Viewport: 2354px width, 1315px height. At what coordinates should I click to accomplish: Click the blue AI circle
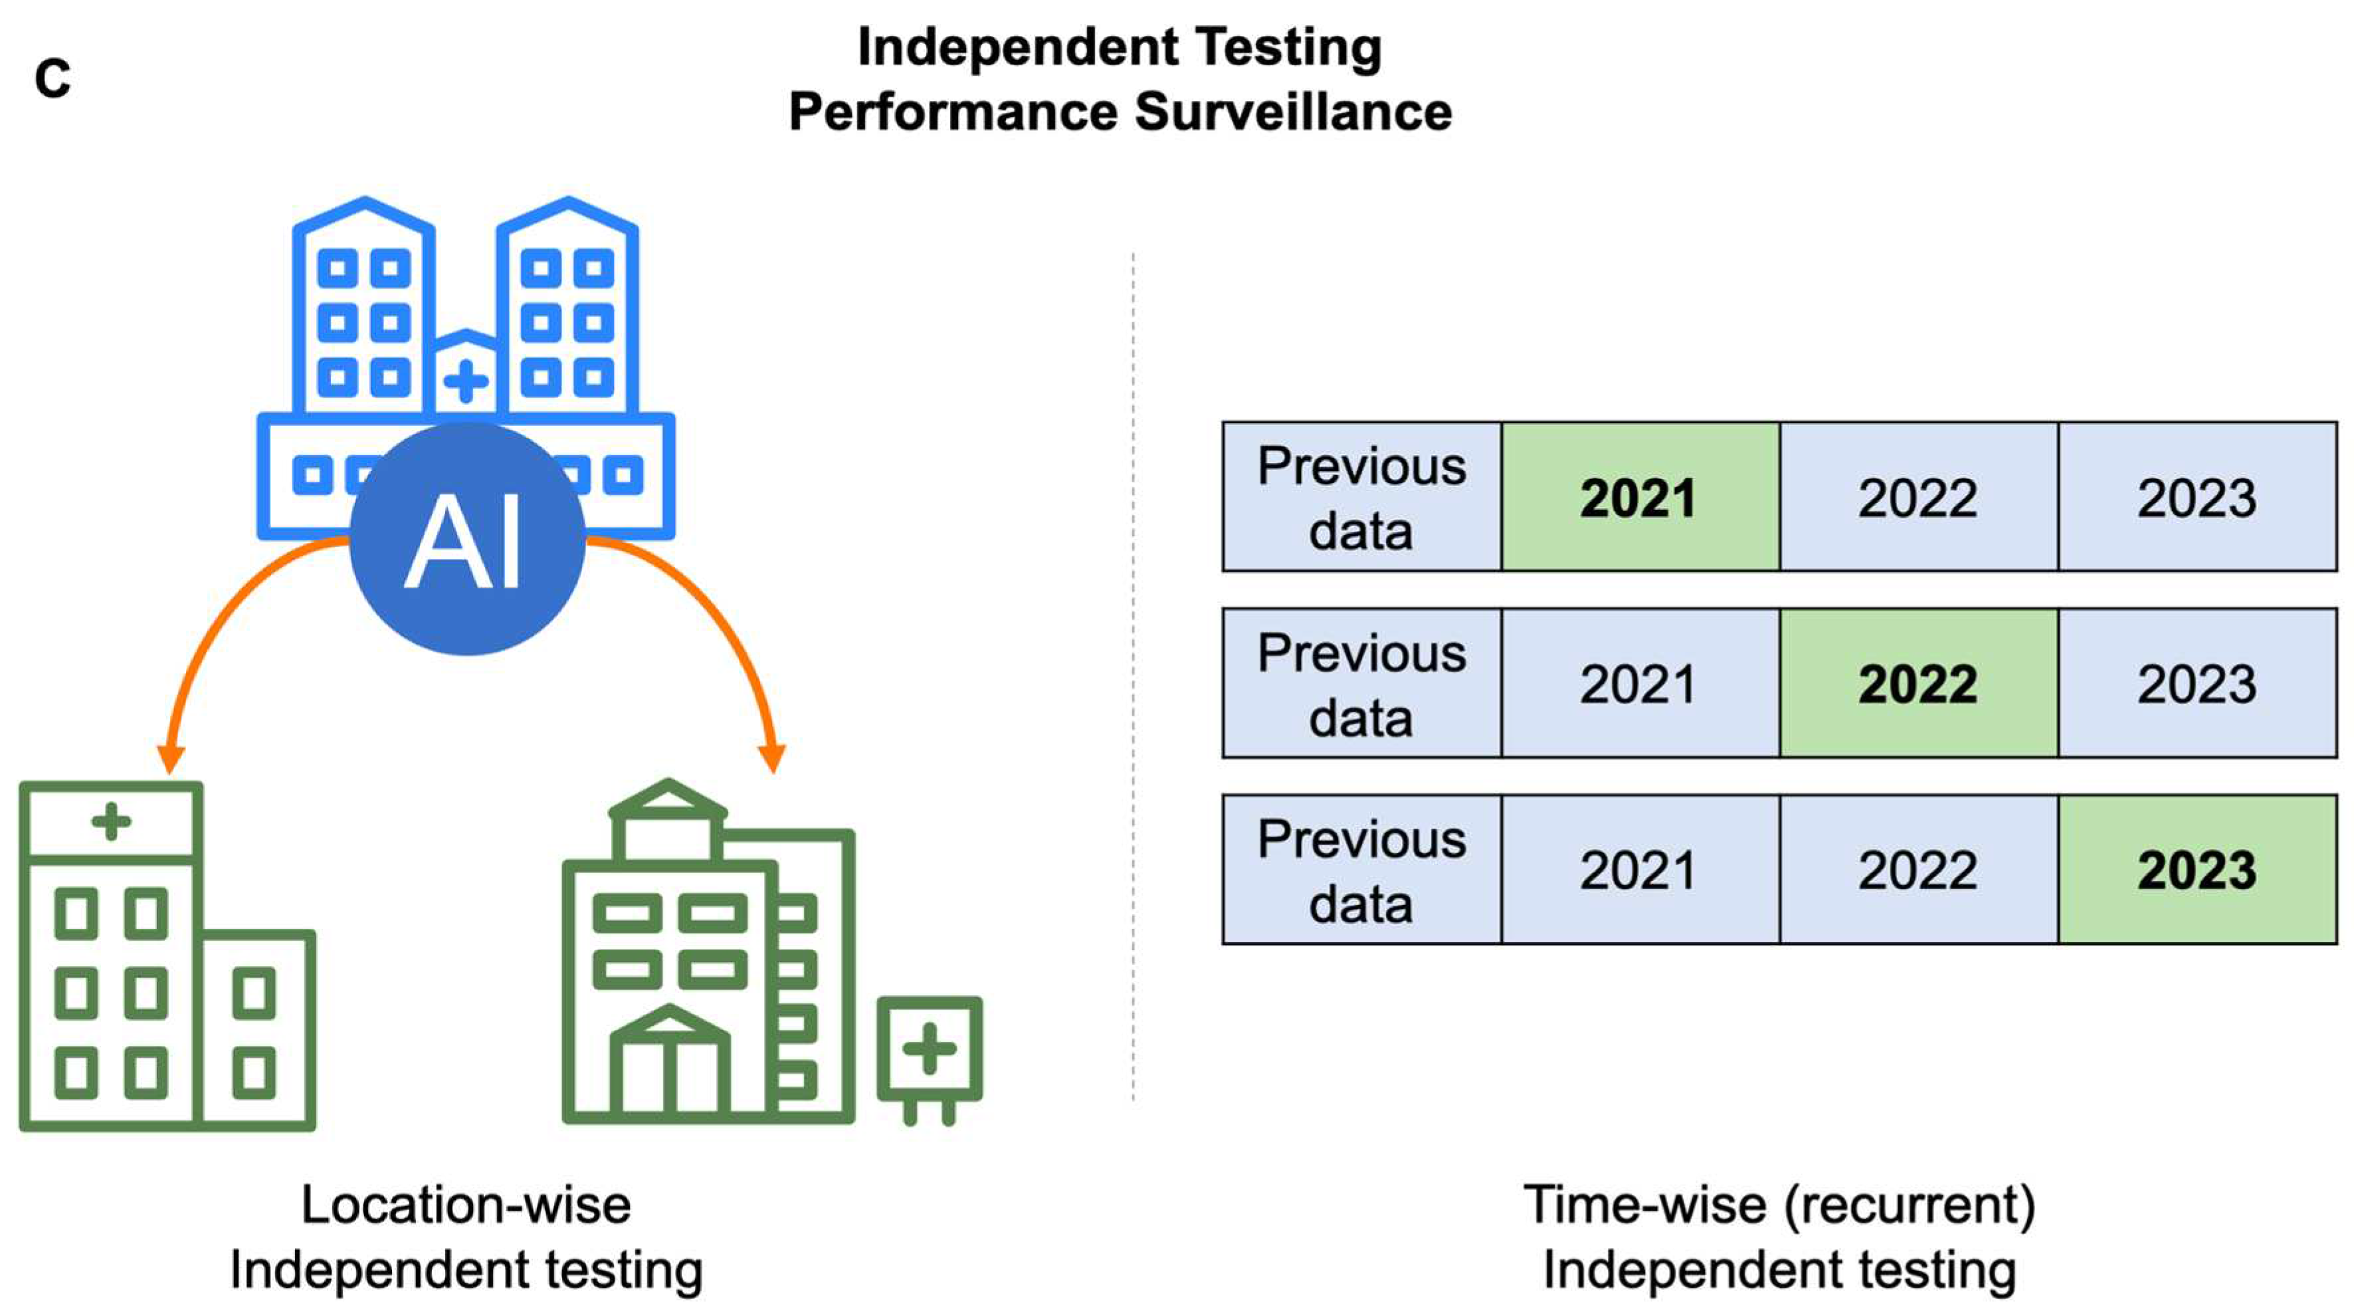coord(467,539)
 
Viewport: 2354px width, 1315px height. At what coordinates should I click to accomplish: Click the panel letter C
coord(52,80)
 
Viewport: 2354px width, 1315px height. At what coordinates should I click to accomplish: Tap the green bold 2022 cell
coord(1918,684)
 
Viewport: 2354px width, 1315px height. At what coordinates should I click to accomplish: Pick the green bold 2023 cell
coord(2197,870)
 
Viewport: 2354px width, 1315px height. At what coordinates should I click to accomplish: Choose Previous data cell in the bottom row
coord(1361,870)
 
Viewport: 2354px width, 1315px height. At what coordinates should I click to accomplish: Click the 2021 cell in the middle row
coord(1639,684)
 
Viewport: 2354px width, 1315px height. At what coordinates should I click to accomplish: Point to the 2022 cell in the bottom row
coord(1918,870)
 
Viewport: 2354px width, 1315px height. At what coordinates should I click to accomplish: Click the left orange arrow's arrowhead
coord(171,758)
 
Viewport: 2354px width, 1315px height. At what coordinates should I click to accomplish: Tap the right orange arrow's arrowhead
coord(772,758)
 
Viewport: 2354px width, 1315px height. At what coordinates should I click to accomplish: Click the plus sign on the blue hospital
coord(466,381)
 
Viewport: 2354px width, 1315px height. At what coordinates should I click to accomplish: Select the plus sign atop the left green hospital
coord(112,821)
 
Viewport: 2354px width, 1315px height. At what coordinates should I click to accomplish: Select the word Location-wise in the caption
coord(466,1205)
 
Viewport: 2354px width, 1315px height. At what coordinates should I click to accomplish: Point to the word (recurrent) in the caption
coord(1910,1205)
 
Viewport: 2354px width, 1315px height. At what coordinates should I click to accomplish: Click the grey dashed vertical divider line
coord(1133,676)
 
